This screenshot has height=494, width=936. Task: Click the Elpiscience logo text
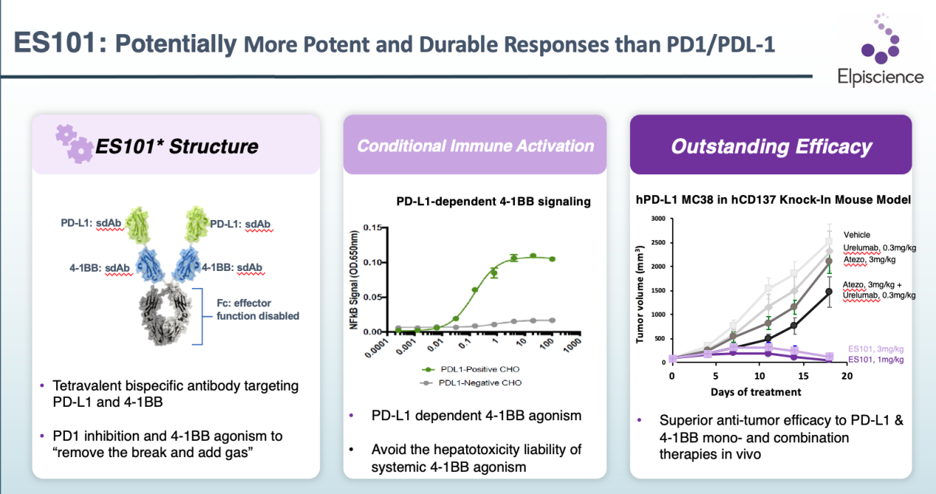click(881, 78)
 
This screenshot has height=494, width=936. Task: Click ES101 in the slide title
click(55, 43)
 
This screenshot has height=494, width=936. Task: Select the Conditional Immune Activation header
click(475, 145)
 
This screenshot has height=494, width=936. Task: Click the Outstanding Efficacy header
click(771, 146)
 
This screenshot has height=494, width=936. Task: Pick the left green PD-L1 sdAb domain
click(138, 225)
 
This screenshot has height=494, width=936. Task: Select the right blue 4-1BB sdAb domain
click(187, 264)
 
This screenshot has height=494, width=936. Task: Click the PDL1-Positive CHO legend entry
click(471, 369)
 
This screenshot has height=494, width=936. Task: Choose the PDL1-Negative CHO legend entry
click(471, 382)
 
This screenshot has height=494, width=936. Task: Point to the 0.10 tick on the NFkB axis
click(372, 262)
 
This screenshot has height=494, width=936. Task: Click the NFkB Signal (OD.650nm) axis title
click(353, 280)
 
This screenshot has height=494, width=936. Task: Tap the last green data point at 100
click(552, 259)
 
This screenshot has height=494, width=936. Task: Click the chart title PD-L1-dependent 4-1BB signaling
click(493, 202)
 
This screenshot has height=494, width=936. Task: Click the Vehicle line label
click(856, 235)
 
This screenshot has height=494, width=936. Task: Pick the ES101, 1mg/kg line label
click(876, 360)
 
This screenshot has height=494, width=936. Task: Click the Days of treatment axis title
click(756, 392)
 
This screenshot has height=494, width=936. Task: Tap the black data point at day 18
click(829, 292)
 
